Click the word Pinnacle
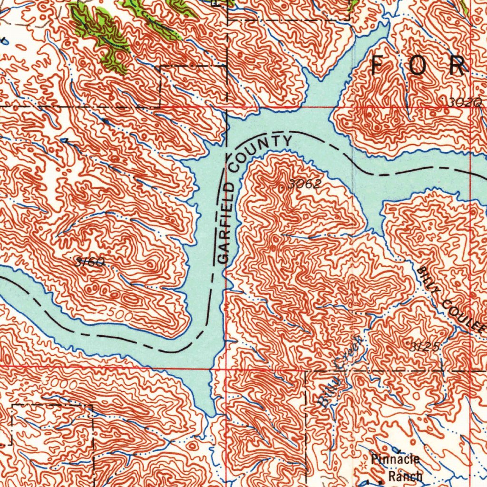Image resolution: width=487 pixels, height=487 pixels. [x=395, y=459]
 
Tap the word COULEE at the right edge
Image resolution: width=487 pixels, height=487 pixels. [x=465, y=315]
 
